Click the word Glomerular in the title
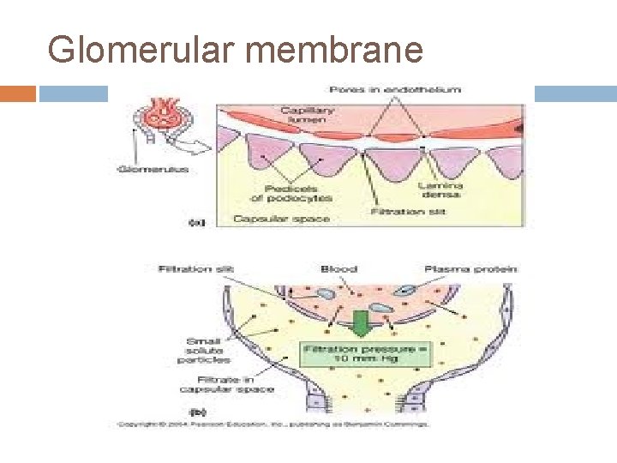(139, 50)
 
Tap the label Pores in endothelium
(395, 89)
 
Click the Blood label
(338, 269)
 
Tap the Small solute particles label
(207, 351)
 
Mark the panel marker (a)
(197, 222)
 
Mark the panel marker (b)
(195, 411)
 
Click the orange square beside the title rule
(18, 93)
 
